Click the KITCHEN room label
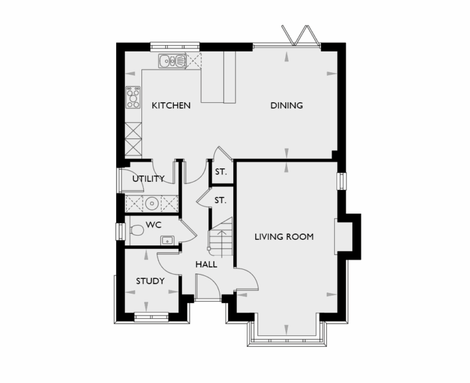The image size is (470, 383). click(x=171, y=105)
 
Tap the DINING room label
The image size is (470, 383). click(x=286, y=105)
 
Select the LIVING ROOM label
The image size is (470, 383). click(x=284, y=236)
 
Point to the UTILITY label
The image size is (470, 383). click(x=148, y=179)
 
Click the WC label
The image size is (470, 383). click(x=153, y=225)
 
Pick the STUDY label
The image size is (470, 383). click(x=150, y=281)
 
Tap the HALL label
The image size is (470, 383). click(x=206, y=264)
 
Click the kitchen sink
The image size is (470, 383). click(x=173, y=61)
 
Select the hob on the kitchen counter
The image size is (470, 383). click(x=133, y=97)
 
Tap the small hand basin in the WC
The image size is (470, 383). click(x=166, y=240)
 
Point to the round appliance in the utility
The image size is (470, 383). click(x=151, y=203)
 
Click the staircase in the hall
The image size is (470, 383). click(x=222, y=237)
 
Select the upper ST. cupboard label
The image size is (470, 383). click(x=220, y=172)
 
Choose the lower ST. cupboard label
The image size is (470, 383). click(x=220, y=199)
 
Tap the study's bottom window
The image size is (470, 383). click(x=150, y=317)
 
